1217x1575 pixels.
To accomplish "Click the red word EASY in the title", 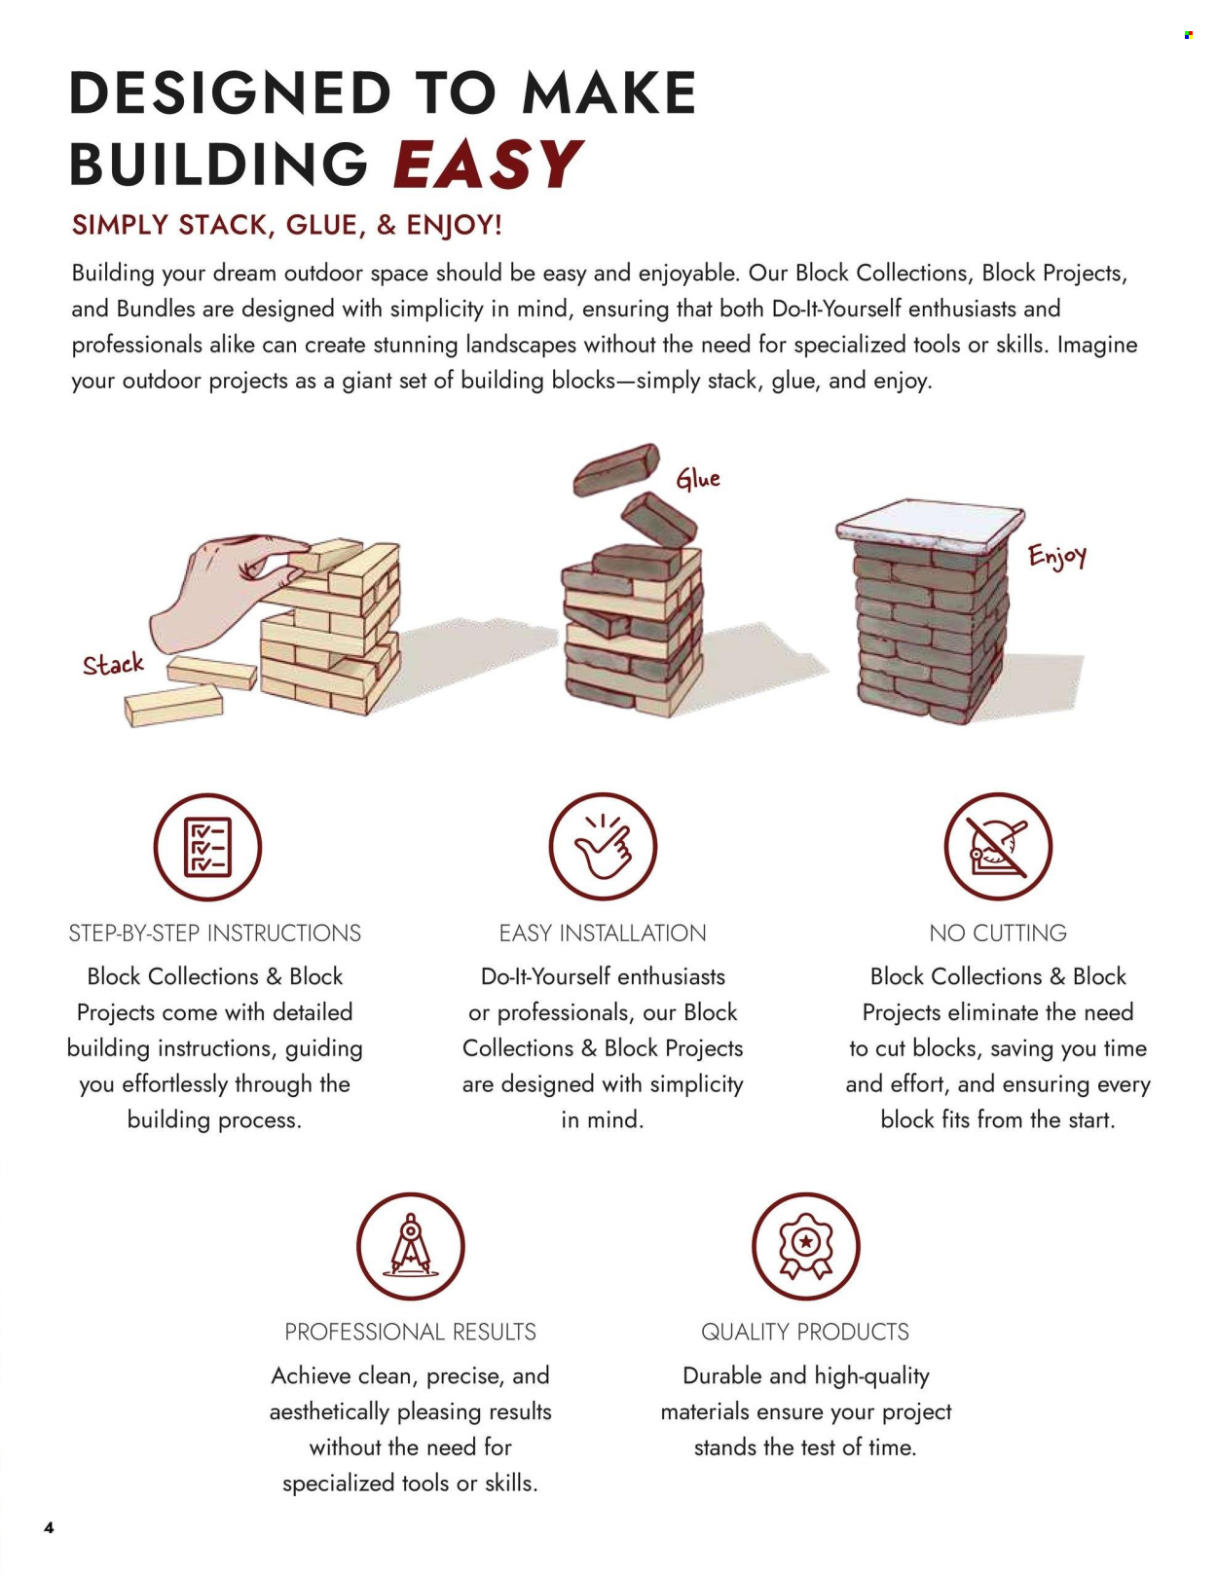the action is [488, 163].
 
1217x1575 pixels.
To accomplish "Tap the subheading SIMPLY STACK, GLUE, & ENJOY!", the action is [286, 226].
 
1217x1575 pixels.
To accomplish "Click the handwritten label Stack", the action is [113, 663].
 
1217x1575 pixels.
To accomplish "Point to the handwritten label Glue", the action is [698, 478].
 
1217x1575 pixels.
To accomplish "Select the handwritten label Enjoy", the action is [1057, 556].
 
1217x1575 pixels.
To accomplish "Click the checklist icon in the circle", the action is [207, 847].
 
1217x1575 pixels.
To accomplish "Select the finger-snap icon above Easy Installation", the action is [603, 847].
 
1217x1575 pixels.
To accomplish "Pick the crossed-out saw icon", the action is [997, 847].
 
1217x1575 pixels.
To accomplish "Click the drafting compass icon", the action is [410, 1246].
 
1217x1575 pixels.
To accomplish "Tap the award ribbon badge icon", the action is [805, 1246].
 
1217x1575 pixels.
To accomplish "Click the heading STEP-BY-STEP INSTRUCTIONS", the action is [214, 933].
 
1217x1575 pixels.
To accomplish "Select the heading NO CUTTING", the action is [998, 933].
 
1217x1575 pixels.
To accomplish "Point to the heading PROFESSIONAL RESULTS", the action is [410, 1332].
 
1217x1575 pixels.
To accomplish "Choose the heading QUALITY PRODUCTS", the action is [804, 1332].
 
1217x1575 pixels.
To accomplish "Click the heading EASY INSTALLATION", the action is [603, 933].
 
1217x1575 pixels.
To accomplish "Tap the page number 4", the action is [49, 1528].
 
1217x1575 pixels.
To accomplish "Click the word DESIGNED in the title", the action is [231, 92].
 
